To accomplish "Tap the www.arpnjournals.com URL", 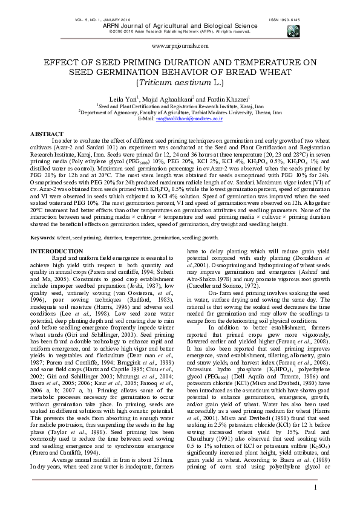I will coord(180,45).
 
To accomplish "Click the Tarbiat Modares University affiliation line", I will coord(180,112).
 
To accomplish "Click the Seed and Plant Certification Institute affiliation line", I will coord(180,105).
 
